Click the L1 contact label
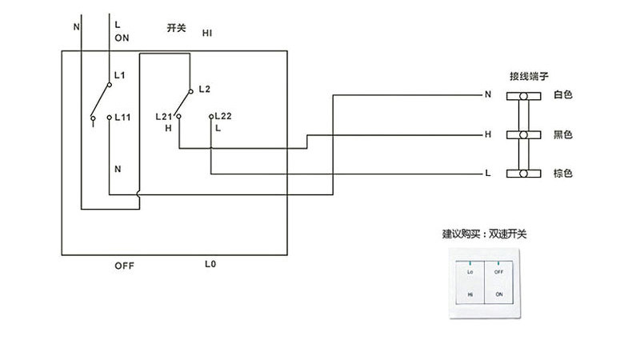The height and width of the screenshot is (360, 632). coord(121,74)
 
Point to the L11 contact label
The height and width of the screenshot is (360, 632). coord(122,117)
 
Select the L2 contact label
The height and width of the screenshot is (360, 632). coord(203,87)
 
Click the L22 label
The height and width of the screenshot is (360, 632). coord(222,117)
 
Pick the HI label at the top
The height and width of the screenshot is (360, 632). coord(206,33)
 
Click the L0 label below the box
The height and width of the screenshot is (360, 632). coord(211,264)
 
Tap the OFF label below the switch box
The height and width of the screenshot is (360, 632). coord(124,265)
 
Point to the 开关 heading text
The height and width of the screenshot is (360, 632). coord(176,28)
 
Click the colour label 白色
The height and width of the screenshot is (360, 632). coord(563,95)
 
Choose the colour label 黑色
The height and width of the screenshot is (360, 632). coord(563,134)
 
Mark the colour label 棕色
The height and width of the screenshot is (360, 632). coord(563,174)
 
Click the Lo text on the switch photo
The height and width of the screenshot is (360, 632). coord(470,272)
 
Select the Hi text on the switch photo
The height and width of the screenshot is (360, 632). coord(470,294)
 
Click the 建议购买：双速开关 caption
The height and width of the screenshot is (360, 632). coord(485,235)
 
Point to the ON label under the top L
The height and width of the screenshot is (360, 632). coord(122,38)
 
